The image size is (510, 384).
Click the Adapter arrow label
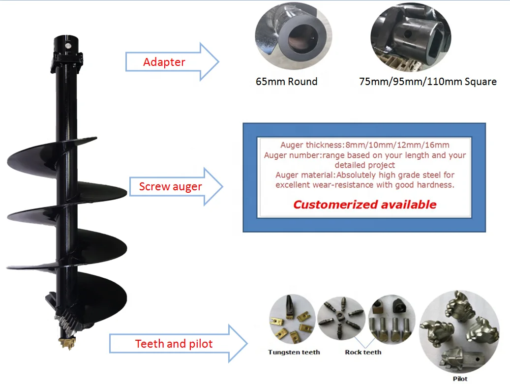(x=164, y=62)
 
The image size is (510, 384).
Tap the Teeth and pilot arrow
(x=174, y=344)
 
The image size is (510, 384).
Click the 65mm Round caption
(x=286, y=82)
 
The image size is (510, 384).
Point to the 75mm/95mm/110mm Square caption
(x=428, y=82)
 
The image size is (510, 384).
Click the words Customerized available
(x=364, y=205)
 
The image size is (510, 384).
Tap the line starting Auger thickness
(x=364, y=145)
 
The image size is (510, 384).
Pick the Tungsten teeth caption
(x=294, y=352)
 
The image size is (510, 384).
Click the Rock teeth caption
(x=363, y=352)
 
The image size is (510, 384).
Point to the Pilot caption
(x=460, y=379)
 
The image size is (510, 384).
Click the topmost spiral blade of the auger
(x=54, y=152)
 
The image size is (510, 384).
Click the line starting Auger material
(x=364, y=175)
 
